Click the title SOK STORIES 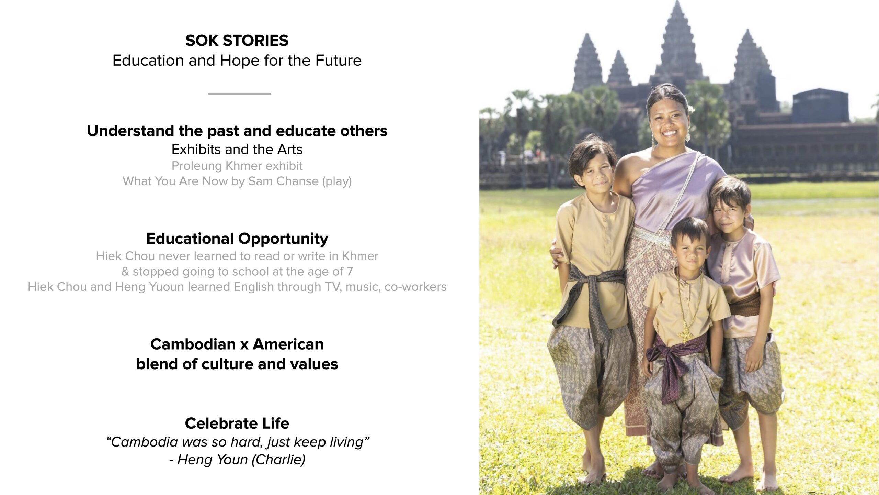point(237,41)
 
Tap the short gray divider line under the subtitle point(239,93)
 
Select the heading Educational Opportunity point(237,239)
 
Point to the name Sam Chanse point(283,181)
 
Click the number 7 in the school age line point(350,272)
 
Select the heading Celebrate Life point(237,423)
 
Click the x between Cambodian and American point(244,345)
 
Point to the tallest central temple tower point(674,41)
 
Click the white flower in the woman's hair point(689,109)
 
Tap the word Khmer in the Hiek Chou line point(360,256)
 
